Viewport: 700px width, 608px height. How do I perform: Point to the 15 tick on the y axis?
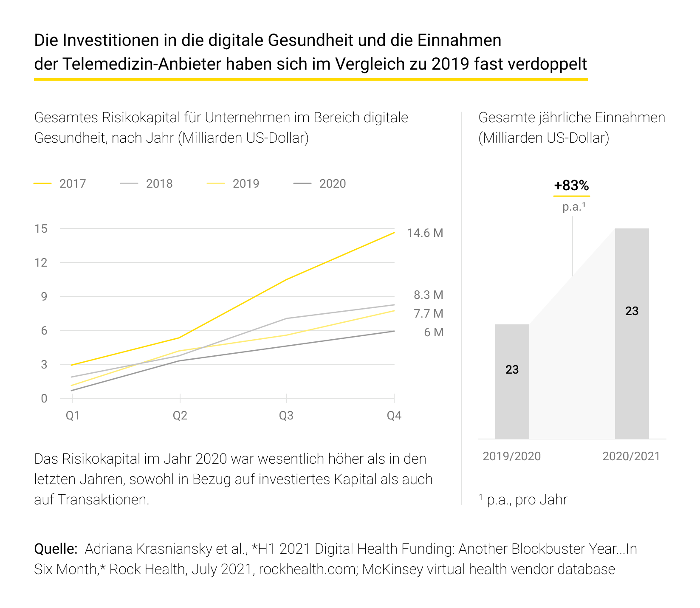coord(41,229)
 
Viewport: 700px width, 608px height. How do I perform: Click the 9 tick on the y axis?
coord(44,296)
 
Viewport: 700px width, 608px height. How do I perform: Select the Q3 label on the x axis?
coord(286,416)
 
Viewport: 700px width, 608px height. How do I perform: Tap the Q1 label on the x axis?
coord(73,416)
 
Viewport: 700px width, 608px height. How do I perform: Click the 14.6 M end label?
coord(425,233)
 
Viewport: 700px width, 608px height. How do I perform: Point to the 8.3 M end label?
coord(428,295)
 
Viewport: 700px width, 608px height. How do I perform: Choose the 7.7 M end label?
coord(428,314)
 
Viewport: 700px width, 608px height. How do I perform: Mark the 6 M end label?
coord(433,332)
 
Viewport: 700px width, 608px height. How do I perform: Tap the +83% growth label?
coord(571,186)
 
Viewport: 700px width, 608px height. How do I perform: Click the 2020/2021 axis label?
coord(631,456)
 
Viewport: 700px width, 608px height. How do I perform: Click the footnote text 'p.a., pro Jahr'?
coord(527,500)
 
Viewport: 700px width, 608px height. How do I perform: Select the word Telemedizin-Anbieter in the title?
coord(142,64)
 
